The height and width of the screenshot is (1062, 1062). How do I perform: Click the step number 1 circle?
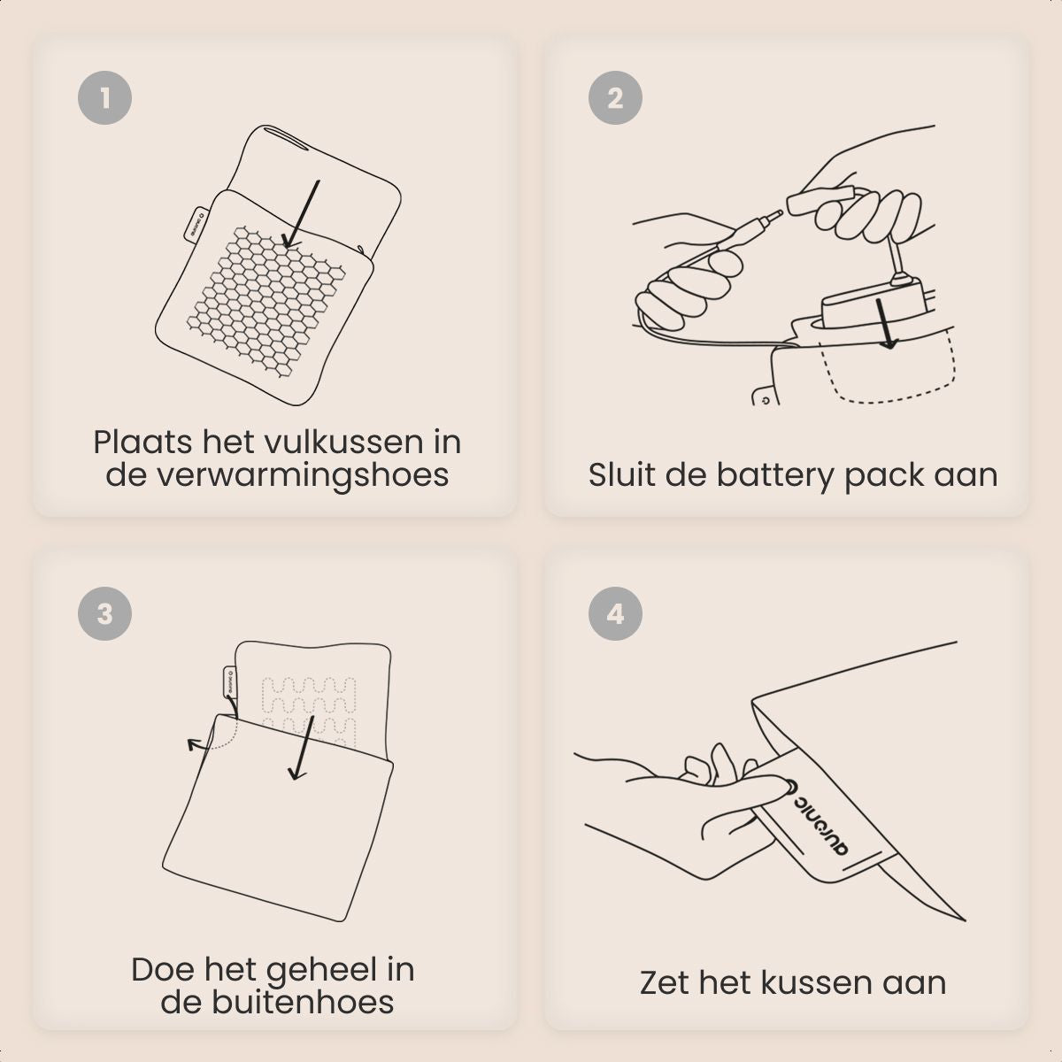[x=104, y=97]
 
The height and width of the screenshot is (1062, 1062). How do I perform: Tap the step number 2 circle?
[x=615, y=97]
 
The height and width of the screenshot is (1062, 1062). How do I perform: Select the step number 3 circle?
[x=104, y=613]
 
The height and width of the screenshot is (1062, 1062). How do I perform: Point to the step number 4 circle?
[x=615, y=613]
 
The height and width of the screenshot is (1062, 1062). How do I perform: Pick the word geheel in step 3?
[x=315, y=971]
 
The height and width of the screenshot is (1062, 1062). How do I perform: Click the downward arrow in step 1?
[x=302, y=213]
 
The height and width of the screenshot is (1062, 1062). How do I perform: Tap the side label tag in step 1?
[x=194, y=224]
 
